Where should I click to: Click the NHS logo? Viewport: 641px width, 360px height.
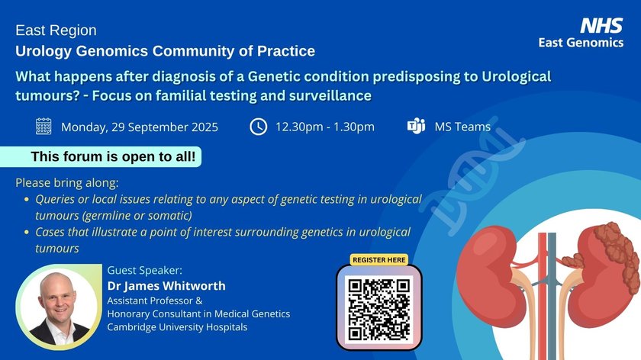click(601, 25)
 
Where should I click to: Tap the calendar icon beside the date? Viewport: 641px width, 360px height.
click(43, 127)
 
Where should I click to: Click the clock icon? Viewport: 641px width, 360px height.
click(259, 127)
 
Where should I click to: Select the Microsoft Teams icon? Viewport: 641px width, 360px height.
click(416, 126)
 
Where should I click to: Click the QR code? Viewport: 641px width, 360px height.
click(379, 308)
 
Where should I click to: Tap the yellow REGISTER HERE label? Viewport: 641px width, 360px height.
click(379, 260)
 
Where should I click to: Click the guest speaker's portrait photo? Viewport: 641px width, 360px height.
click(58, 307)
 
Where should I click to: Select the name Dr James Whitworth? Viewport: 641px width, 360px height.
click(166, 285)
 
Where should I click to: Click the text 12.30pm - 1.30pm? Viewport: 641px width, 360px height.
click(325, 127)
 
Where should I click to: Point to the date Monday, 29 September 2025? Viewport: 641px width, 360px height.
click(140, 127)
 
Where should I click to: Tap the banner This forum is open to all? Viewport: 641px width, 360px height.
click(101, 156)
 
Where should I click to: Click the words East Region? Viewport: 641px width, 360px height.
click(56, 31)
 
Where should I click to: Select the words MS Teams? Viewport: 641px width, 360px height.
click(462, 127)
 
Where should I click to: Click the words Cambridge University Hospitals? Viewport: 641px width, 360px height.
click(177, 327)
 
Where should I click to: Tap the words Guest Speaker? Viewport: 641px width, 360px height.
click(145, 270)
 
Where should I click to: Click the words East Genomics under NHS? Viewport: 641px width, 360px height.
click(581, 43)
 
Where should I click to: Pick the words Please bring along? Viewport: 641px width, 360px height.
click(67, 182)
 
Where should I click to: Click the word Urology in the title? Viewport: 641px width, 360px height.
click(43, 52)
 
